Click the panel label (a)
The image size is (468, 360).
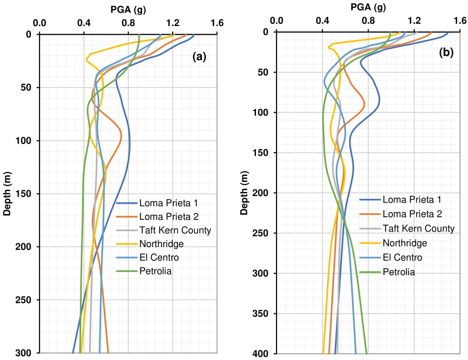[x=199, y=57]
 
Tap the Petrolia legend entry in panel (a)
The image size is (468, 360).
[x=155, y=272]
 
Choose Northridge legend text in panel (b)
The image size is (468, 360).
[x=404, y=243]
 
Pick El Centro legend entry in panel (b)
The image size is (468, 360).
[x=402, y=257]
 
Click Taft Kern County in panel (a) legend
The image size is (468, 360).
[x=175, y=230]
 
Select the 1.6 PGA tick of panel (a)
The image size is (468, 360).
[x=217, y=23]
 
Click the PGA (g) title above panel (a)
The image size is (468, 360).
[x=127, y=8]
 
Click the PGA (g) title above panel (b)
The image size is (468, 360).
[x=368, y=7]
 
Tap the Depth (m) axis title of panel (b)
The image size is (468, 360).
[x=245, y=193]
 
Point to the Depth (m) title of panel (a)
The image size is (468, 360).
[x=7, y=194]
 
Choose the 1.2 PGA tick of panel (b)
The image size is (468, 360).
[x=414, y=20]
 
